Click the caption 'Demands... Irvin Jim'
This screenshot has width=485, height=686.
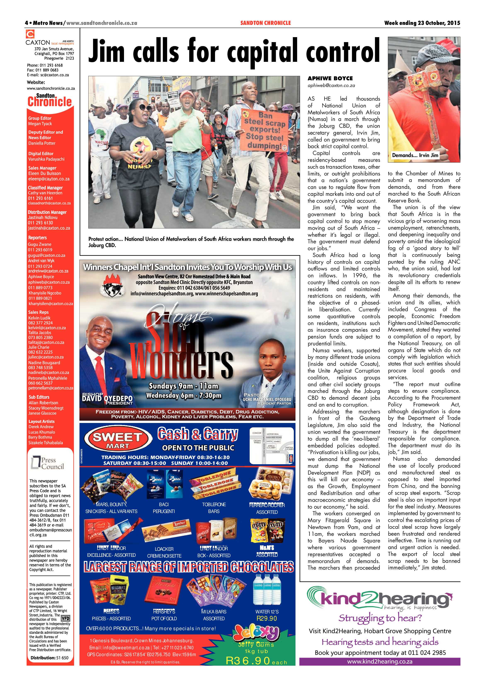pos(415,155)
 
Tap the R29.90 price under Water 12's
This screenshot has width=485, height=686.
pos(267,618)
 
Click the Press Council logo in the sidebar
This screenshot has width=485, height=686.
pos(48,463)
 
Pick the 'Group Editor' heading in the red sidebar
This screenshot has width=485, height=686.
pos(40,118)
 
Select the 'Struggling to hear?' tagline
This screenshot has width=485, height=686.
pos(380,617)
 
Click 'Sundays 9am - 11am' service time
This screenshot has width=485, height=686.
pos(183,386)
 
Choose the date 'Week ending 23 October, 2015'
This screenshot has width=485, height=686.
pos(422,23)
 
